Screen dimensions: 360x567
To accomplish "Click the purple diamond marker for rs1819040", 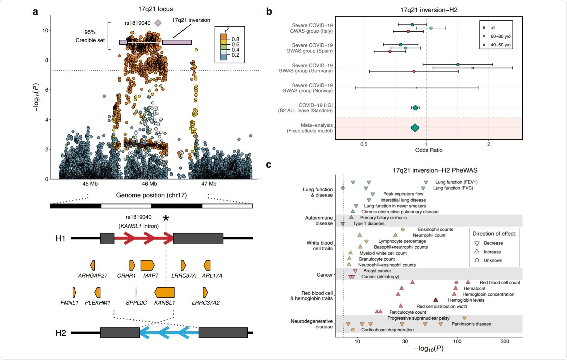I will point(158,23).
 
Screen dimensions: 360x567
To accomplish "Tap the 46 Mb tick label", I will point(149,184).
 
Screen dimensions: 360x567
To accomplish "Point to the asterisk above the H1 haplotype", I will point(166,218).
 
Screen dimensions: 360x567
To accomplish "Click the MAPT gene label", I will point(151,276).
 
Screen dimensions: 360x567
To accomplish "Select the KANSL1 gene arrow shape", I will point(165,292).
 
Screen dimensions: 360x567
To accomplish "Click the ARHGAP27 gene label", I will point(93,276).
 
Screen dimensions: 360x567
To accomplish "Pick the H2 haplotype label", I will point(61,333).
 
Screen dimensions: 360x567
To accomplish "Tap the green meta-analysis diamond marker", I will point(415,128).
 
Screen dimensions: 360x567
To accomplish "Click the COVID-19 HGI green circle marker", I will point(415,108).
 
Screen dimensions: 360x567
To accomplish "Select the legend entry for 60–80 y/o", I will point(500,36).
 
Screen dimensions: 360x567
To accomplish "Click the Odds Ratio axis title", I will point(428,150).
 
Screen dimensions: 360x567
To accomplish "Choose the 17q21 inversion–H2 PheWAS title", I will point(435,170).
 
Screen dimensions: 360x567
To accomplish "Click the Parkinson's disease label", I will point(471,324).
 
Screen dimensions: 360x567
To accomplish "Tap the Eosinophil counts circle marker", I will point(403,229).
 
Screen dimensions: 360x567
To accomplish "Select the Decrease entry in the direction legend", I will point(493,243).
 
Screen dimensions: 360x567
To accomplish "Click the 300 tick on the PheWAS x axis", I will point(505,341).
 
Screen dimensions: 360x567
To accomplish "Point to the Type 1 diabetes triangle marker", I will point(342,224).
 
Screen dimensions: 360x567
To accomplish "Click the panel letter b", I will point(269,12).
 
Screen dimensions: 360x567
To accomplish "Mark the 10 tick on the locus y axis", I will point(45,30).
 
